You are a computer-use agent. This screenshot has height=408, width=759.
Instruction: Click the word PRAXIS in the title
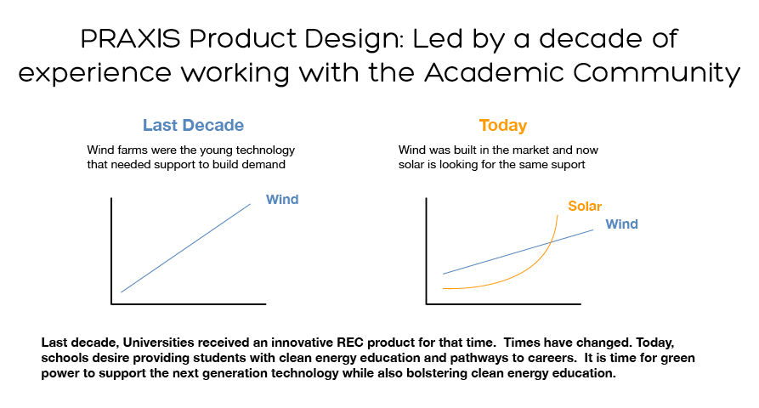click(130, 38)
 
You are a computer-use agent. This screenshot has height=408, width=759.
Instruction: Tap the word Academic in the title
click(494, 72)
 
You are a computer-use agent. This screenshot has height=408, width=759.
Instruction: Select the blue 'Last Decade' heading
click(193, 125)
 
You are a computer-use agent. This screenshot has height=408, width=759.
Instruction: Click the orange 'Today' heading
click(503, 125)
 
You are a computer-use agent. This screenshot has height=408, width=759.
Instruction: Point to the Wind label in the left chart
click(282, 200)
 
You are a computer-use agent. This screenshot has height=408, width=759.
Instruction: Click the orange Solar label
click(585, 207)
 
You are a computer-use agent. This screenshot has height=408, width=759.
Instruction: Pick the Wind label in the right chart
click(621, 224)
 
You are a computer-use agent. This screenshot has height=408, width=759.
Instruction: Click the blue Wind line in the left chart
click(186, 248)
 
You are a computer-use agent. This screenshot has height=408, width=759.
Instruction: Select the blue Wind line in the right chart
click(518, 252)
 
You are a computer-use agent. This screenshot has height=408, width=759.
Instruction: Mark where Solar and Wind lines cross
click(551, 242)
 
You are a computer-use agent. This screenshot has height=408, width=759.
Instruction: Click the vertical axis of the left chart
click(111, 251)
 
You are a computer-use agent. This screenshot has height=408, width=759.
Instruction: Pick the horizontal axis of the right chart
click(503, 304)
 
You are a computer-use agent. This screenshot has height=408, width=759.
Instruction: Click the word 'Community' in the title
click(656, 74)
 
